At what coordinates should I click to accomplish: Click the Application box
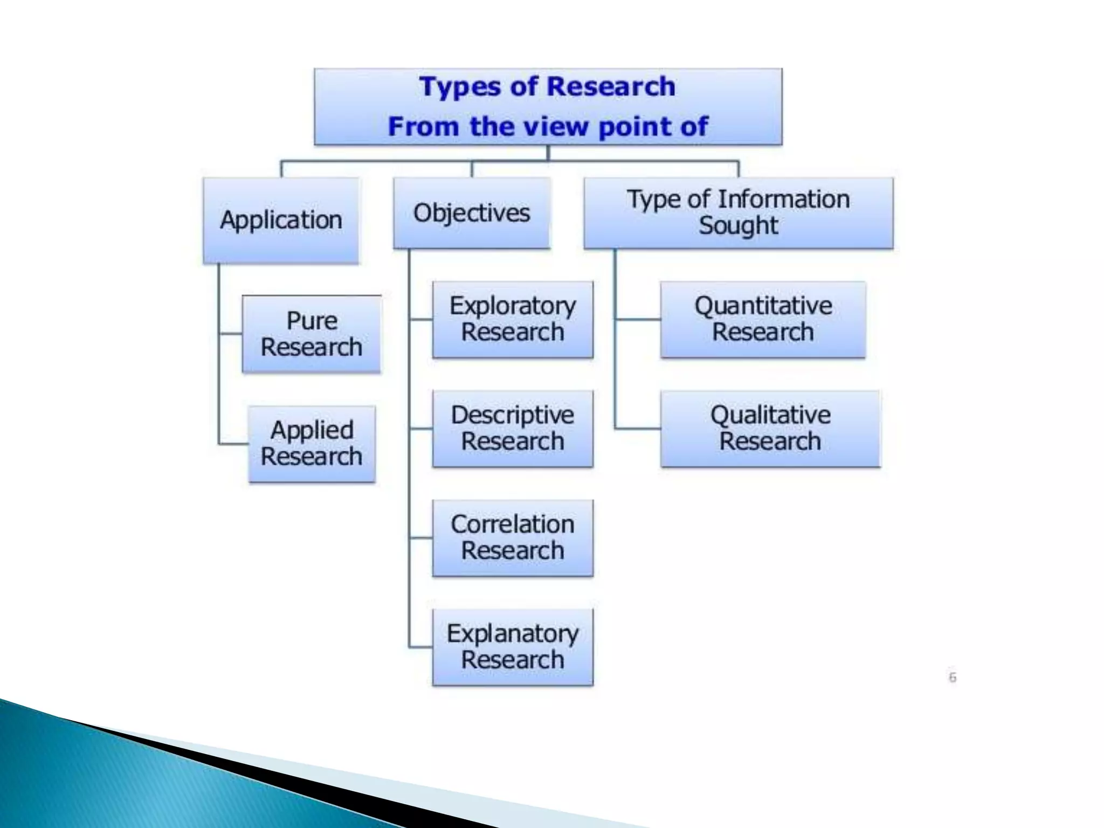tap(281, 220)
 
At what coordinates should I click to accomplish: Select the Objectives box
tap(472, 213)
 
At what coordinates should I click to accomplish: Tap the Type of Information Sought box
tap(738, 213)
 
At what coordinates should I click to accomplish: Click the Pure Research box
tap(312, 334)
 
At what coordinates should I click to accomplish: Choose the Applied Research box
tap(312, 444)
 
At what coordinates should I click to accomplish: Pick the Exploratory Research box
tap(513, 319)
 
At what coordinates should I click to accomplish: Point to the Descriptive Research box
tap(513, 429)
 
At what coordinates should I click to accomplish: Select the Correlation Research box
tap(513, 538)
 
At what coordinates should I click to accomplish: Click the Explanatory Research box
tap(513, 647)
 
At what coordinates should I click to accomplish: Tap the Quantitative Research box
tap(763, 319)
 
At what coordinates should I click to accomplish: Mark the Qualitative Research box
tap(770, 429)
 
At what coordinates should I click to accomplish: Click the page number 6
tap(953, 678)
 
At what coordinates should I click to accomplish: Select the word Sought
tap(738, 226)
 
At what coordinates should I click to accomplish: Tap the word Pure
tap(312, 321)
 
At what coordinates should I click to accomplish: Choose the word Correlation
tap(513, 525)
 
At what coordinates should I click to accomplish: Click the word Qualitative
tap(770, 415)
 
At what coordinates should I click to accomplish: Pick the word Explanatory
tap(513, 634)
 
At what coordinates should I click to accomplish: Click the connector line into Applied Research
tap(233, 444)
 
